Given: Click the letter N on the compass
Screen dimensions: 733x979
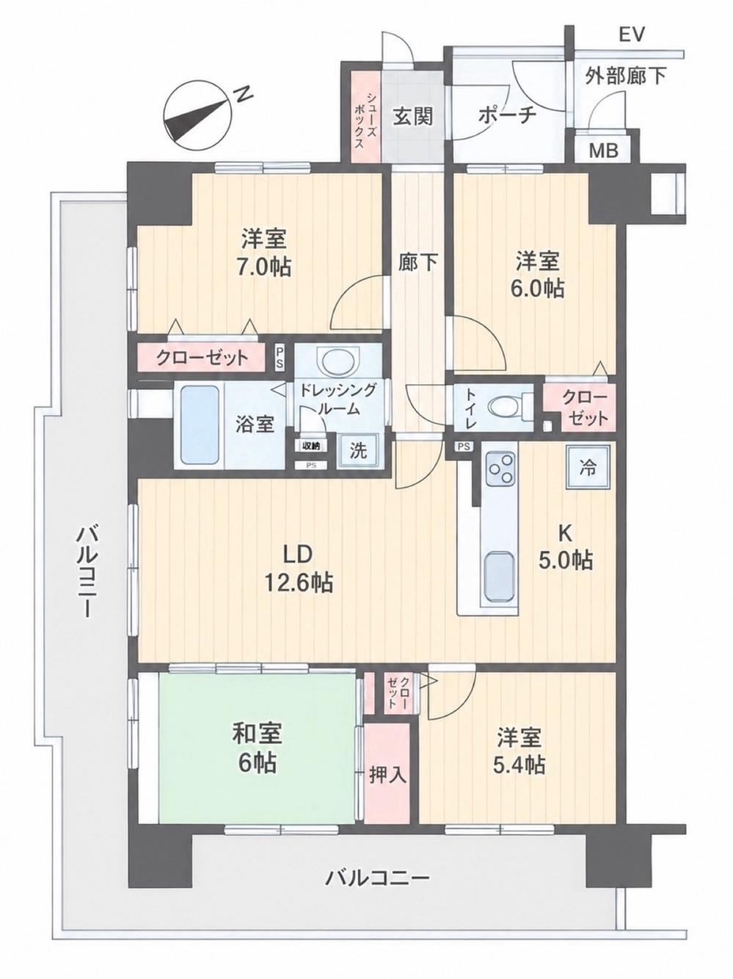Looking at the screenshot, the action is (x=244, y=94).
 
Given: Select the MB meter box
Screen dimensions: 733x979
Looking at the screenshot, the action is (x=604, y=151).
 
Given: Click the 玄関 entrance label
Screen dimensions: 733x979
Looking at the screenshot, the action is (x=412, y=117).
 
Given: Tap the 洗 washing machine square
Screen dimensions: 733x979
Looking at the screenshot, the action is (x=358, y=452).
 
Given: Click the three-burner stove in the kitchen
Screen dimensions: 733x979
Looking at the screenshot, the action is (x=500, y=469).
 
